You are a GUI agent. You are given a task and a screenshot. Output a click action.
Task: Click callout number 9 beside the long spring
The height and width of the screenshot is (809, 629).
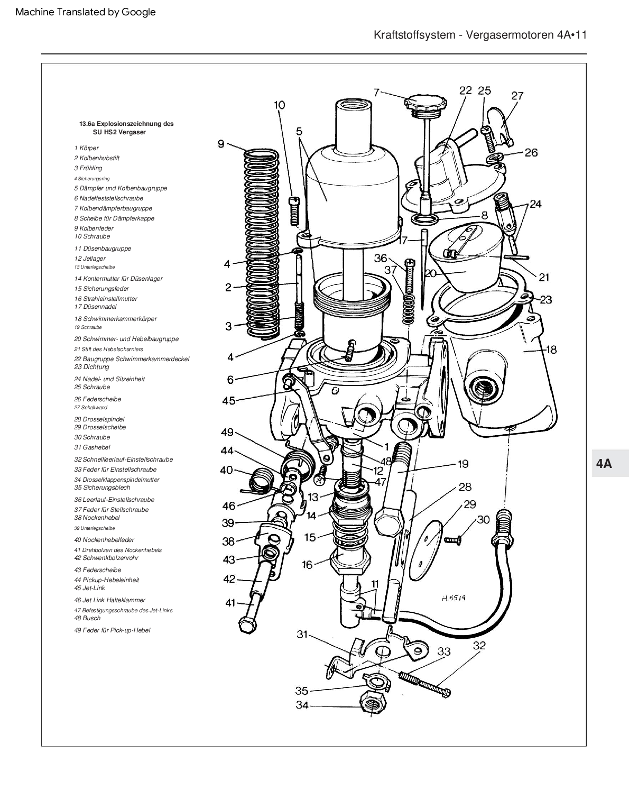(221, 143)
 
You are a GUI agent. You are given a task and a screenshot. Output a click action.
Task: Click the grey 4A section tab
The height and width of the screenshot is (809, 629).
(604, 464)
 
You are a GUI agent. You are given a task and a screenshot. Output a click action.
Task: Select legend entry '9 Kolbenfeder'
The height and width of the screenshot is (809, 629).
(94, 228)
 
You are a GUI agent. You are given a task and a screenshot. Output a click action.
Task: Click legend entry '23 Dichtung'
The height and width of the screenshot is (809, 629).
(91, 367)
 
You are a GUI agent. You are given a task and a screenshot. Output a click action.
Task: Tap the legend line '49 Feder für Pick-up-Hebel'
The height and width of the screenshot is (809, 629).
(112, 630)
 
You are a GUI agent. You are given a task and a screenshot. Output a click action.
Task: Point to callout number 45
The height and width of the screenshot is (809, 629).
(228, 401)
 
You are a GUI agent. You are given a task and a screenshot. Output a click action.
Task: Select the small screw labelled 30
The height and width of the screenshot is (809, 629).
(452, 540)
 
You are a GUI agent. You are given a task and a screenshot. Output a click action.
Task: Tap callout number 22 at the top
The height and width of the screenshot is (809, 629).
(465, 90)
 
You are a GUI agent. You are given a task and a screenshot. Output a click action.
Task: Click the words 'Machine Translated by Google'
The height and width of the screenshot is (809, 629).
(86, 12)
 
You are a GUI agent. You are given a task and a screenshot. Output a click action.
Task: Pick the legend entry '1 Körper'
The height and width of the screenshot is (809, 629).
(86, 148)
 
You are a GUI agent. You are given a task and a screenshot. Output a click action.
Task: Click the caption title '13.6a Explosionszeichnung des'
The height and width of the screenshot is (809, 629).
(126, 124)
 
